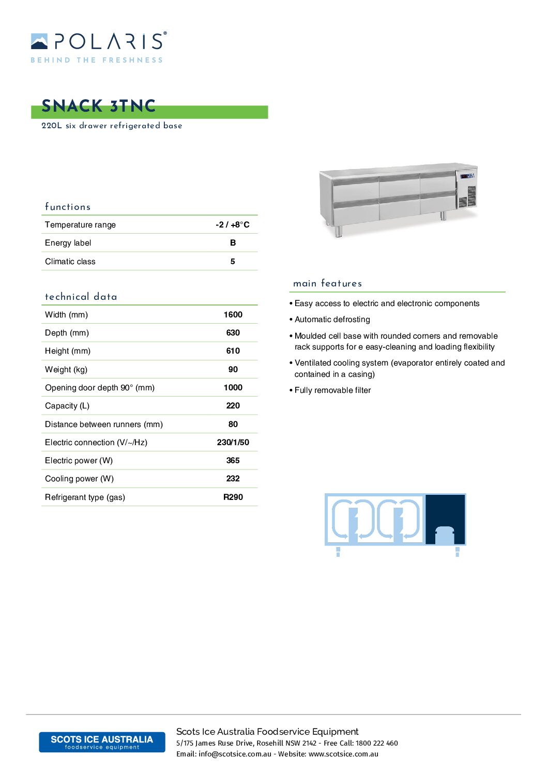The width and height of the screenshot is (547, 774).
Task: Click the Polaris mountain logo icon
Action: point(39,41)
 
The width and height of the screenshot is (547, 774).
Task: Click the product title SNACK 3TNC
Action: point(98,106)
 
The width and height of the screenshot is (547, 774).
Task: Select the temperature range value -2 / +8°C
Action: point(232,224)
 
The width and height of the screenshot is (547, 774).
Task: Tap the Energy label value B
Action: point(233,242)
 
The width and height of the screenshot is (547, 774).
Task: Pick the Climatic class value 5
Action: point(233,261)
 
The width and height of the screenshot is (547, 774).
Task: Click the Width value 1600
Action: point(233,314)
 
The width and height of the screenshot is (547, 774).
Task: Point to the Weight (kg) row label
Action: point(66,369)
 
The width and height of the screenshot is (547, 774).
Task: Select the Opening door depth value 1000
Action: point(233,387)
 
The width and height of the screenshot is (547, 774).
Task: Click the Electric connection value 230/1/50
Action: point(233,442)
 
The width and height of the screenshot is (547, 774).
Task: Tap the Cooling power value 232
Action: point(233,478)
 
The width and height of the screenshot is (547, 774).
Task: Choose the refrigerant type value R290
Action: point(233,497)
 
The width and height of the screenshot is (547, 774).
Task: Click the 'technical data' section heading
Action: point(81,297)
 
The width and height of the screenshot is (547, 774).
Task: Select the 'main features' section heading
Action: point(327,283)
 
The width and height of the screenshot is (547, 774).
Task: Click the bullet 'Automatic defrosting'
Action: point(332,320)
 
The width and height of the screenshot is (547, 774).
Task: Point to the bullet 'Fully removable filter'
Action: point(332,390)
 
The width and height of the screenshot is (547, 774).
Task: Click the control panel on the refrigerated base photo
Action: point(467,176)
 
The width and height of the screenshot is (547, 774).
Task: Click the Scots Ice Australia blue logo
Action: point(102,742)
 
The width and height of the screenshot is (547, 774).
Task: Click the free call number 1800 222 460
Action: point(376,743)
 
